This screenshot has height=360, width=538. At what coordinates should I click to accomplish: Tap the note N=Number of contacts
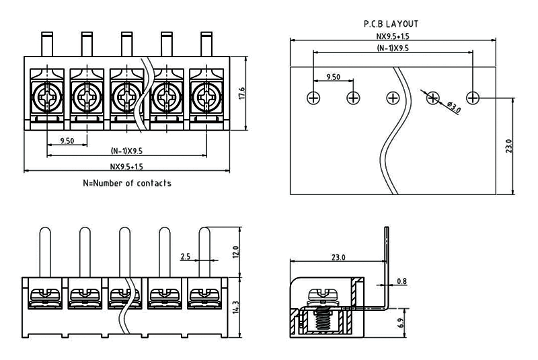tap(127, 183)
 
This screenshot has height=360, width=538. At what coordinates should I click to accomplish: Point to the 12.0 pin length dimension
tap(235, 252)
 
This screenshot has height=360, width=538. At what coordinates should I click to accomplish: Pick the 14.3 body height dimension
tap(235, 306)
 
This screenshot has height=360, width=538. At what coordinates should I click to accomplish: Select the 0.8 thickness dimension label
tap(401, 281)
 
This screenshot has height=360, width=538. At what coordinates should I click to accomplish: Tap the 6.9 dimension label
tap(401, 323)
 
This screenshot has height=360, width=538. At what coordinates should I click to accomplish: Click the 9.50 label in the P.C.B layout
tap(333, 77)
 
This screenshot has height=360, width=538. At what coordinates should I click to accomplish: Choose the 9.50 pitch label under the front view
tap(67, 141)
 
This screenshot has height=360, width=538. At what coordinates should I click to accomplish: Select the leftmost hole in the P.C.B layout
tap(313, 98)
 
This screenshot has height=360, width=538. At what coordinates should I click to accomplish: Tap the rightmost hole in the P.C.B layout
tap(473, 98)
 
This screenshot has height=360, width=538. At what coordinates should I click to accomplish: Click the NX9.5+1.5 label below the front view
tap(127, 167)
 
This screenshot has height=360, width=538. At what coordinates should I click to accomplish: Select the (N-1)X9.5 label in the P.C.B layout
tap(393, 48)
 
